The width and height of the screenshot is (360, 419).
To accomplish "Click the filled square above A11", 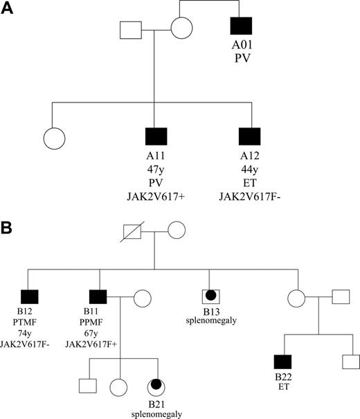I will [156, 138].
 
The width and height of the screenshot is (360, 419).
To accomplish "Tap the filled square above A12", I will [249, 138].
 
